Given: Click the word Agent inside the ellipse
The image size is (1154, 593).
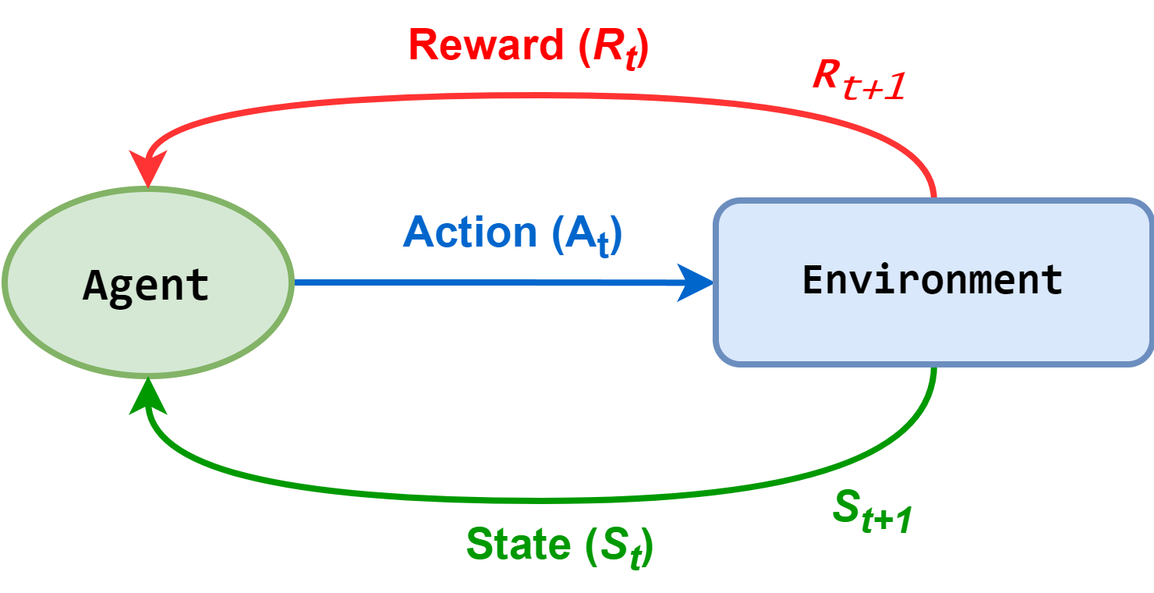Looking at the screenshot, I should [x=146, y=286].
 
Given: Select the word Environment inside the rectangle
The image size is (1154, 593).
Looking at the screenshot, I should [x=933, y=279].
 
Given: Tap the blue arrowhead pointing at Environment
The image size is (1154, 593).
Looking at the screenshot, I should [x=696, y=282].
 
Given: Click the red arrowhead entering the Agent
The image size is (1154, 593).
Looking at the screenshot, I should [x=148, y=167].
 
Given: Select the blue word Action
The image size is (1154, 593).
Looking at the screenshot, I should [x=470, y=233].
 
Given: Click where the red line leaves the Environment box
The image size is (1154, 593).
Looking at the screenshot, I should [x=933, y=197].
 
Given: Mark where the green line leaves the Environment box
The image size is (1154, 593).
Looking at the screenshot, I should [x=933, y=367].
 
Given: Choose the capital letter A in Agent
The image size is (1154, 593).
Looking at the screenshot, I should [x=94, y=286].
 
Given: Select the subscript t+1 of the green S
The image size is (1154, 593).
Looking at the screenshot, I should [x=887, y=520].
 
